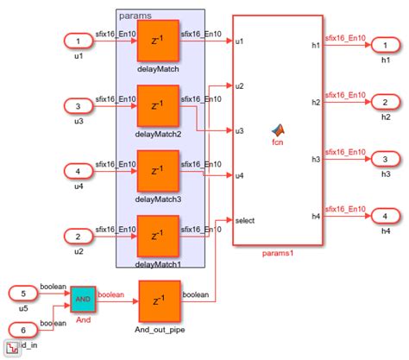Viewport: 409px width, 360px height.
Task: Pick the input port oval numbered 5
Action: pos(27,294)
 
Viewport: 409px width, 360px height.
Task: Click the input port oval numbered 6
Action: pos(27,328)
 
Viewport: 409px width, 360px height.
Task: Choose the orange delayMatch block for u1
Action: pos(158,41)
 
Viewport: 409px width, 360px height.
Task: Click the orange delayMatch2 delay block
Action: pos(158,105)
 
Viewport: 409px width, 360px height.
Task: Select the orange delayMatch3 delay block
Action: pos(158,171)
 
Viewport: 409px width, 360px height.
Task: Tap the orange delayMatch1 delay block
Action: pos(158,236)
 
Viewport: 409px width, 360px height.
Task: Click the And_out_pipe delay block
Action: pos(158,301)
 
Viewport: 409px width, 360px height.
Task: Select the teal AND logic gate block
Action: pos(82,299)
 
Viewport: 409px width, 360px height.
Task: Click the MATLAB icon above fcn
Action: pos(278,129)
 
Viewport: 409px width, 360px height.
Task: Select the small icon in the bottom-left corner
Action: pos(10,349)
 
